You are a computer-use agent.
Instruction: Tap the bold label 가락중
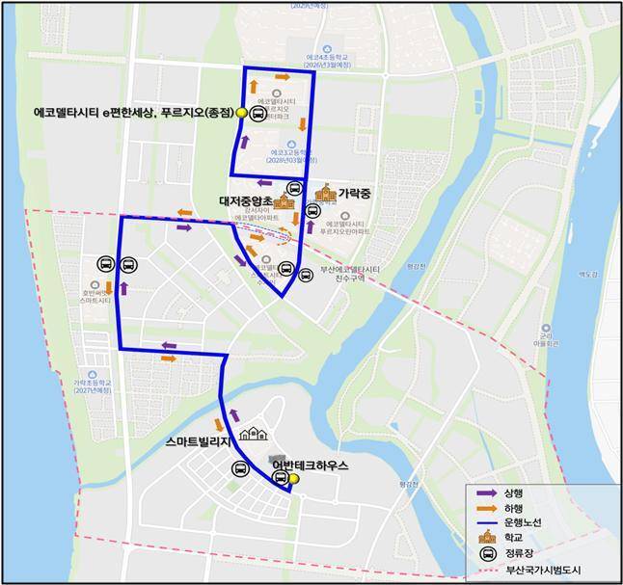[x=354, y=194]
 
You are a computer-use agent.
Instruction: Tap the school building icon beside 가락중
[x=326, y=194]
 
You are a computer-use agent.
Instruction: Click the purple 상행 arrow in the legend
[x=485, y=492]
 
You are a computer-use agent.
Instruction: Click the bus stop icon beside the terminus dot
[x=257, y=114]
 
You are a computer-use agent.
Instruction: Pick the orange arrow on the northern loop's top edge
[x=283, y=75]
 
